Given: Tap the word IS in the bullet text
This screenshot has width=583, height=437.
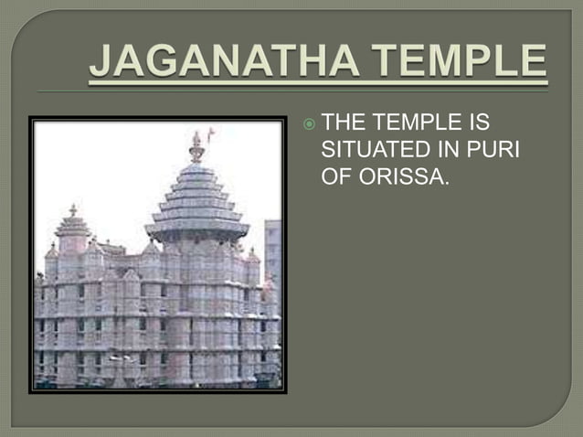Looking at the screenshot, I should tap(497, 122).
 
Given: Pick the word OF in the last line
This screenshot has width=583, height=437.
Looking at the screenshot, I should tap(337, 176).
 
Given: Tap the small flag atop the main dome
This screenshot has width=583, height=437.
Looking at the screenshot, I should tap(211, 135).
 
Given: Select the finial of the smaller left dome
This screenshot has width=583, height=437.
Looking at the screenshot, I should tap(73, 210).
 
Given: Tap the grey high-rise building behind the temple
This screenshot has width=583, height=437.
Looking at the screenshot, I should tap(272, 247).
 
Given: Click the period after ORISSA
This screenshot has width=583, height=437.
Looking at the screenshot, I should tap(447, 183).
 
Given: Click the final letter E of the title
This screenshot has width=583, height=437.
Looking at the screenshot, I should tap(534, 63).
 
